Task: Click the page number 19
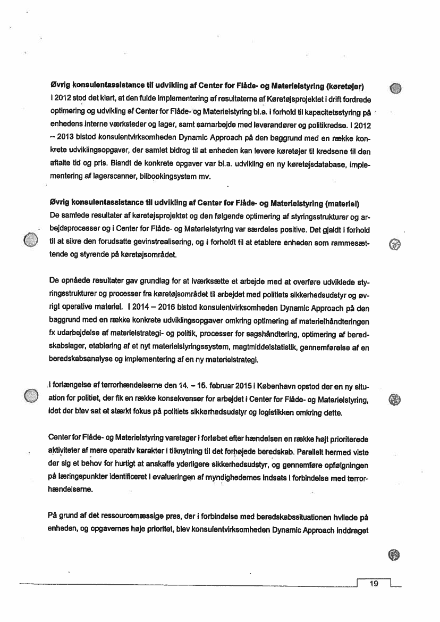click(373, 584)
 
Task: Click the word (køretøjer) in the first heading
click(348, 86)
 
